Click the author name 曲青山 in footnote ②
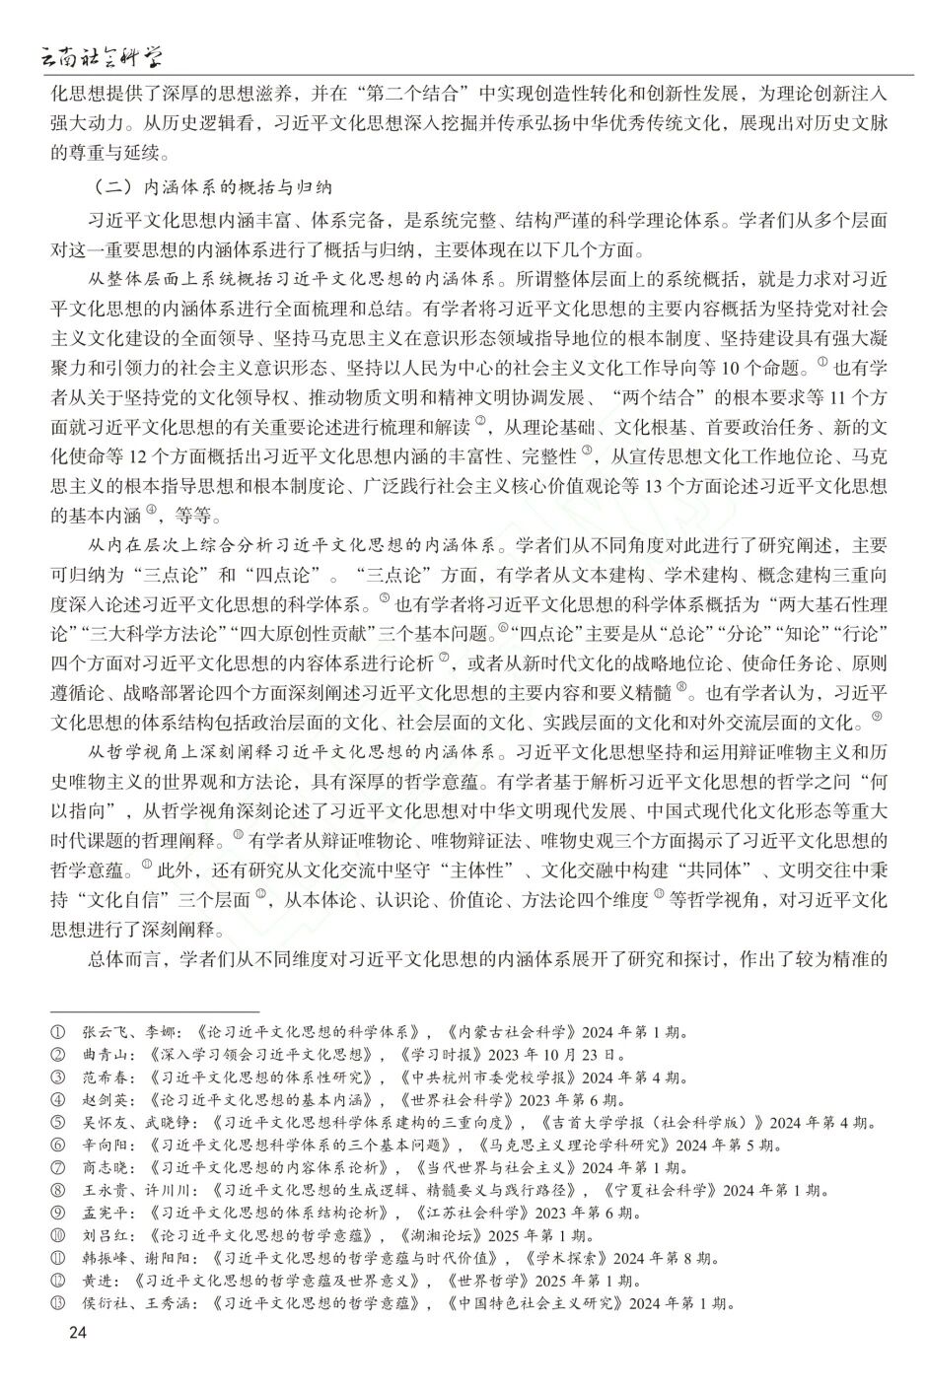pyautogui.click(x=106, y=1055)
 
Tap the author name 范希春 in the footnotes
pyautogui.click(x=106, y=1078)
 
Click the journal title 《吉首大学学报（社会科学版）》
pyautogui.click(x=652, y=1123)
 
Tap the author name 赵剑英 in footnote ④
pyautogui.click(x=106, y=1100)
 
